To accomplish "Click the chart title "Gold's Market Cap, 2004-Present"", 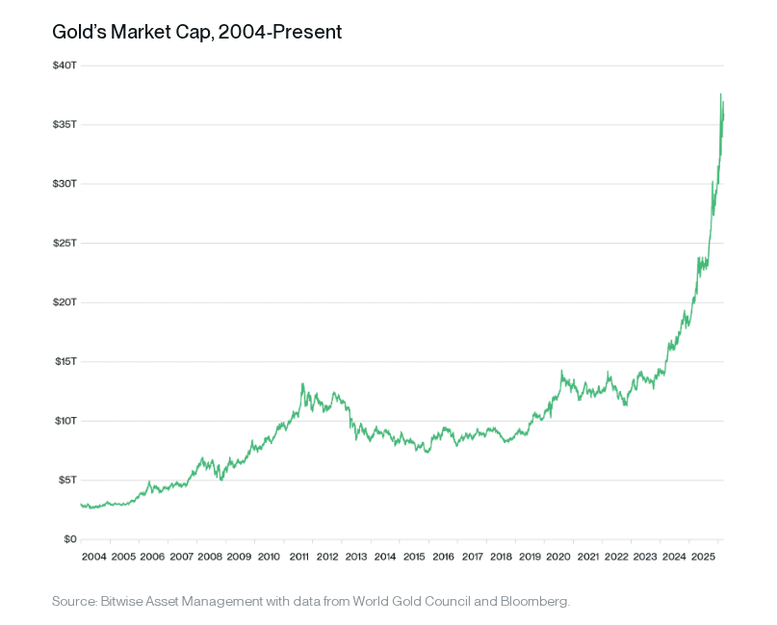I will [x=197, y=32].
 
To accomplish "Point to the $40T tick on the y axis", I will [x=64, y=65].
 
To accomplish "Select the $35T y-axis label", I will [x=64, y=125].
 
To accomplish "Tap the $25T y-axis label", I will [x=64, y=244].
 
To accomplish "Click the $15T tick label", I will [x=64, y=362].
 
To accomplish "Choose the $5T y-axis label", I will [x=65, y=481].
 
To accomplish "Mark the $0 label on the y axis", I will [x=69, y=539].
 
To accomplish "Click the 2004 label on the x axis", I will [x=94, y=557].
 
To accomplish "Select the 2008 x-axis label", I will [x=211, y=557].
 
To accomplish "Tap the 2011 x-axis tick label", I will [x=298, y=557].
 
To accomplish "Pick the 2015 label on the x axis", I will [x=414, y=557].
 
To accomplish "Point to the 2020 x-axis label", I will [x=559, y=557].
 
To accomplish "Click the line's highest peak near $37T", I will [x=720, y=94].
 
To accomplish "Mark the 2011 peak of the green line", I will [x=302, y=384].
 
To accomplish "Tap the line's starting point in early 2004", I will [x=82, y=504].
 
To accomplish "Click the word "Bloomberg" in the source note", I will [x=534, y=602].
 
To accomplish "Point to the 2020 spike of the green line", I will [x=561, y=371].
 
